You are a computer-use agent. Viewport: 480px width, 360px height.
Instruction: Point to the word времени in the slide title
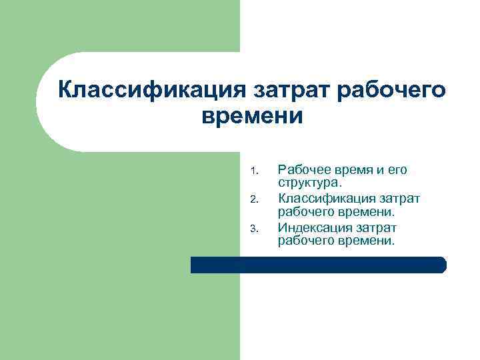(252, 116)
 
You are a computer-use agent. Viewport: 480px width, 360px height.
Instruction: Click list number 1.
(253, 171)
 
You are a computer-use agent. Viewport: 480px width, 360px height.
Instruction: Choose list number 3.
(253, 229)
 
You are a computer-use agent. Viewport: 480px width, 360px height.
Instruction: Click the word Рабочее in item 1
(302, 170)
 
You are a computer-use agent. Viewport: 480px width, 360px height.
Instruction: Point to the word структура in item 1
(308, 183)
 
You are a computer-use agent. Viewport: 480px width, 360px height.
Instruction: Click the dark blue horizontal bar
(318, 265)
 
